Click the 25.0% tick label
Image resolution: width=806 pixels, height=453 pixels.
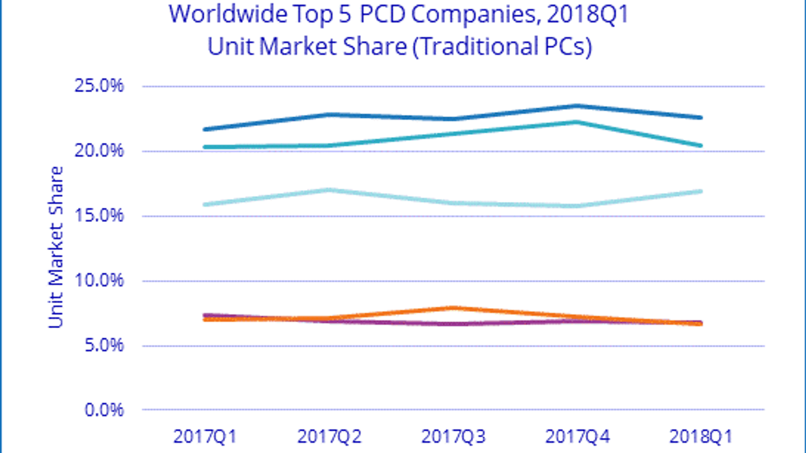point(99,86)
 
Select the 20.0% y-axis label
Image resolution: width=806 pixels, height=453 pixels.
point(99,150)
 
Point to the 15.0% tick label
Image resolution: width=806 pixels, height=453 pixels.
point(99,216)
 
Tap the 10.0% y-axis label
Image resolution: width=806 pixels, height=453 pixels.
point(99,280)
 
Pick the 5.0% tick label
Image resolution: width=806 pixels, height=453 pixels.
point(104,345)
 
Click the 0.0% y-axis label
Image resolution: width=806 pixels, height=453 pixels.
point(104,410)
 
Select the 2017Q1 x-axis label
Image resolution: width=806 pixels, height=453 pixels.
point(205,436)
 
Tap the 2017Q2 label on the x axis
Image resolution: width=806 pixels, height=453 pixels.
point(329,436)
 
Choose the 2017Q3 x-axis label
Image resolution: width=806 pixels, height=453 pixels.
point(453,436)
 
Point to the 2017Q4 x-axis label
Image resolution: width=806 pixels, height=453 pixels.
point(577,436)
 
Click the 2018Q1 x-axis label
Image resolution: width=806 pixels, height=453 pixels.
point(701,436)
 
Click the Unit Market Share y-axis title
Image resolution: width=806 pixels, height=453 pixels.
point(56,247)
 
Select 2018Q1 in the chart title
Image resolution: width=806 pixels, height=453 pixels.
point(588,15)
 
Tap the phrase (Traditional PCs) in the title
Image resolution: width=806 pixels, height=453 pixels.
point(502,47)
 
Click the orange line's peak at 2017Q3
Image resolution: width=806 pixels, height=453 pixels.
point(453,308)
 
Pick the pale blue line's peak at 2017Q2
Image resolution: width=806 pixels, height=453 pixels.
point(329,190)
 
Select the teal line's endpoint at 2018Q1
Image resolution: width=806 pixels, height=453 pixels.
point(701,145)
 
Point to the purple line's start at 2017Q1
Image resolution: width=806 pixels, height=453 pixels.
point(206,316)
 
